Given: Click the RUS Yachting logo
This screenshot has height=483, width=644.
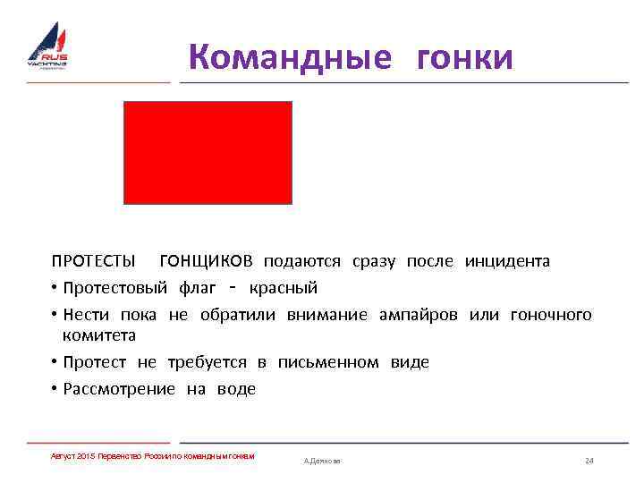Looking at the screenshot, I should coord(47,47).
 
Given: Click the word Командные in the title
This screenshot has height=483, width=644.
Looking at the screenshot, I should coord(290,57).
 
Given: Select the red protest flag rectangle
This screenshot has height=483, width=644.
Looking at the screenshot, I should coord(208,152).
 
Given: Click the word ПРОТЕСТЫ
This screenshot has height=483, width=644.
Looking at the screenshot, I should coord(94,261).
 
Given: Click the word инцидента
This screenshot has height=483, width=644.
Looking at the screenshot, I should coord(507,261).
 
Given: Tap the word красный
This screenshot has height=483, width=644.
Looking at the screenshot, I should coord(283,288).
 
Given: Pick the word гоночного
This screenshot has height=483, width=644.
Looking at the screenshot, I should coord(550,315).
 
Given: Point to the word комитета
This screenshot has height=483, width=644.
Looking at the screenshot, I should coord(99,335).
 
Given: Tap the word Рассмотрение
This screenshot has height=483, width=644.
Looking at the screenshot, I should coord(119,389).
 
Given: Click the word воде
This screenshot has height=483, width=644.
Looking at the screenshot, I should coord(236,389).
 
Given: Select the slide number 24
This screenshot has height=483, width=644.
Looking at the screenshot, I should coord(589,461).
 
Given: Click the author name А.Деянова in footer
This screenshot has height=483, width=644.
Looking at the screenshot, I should coord(322,461).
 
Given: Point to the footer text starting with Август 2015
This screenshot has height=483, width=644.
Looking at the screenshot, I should coord(153,456).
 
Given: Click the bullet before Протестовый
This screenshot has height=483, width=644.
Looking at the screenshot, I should coord(55,288).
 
